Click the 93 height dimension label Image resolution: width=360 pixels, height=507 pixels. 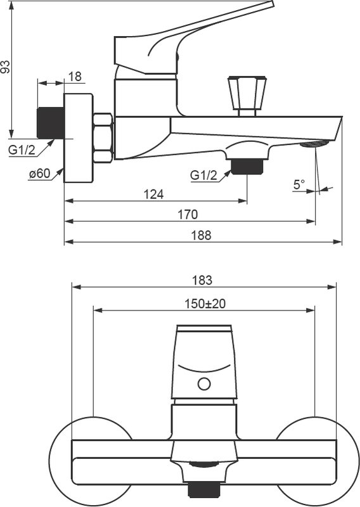(6, 67)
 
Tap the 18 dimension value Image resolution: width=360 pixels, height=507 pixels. (75, 77)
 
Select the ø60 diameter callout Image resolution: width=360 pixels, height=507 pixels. (40, 174)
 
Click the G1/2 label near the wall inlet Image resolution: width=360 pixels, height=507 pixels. (22, 150)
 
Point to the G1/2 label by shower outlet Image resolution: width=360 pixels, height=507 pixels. (203, 176)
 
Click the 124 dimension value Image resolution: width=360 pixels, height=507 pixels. (153, 195)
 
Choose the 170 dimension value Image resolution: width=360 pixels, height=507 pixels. (188, 214)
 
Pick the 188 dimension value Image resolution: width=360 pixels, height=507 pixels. (201, 235)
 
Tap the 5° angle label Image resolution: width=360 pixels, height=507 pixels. (299, 184)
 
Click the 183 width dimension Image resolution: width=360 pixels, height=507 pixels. (202, 280)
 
